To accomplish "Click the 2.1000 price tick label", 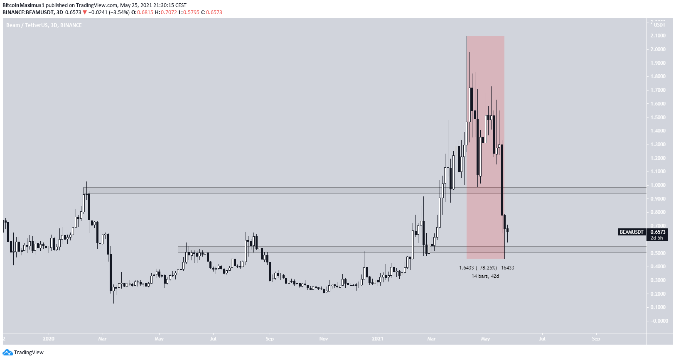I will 658,36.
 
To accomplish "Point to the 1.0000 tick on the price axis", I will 658,185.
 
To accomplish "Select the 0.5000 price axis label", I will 658,253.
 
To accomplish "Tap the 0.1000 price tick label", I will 658,307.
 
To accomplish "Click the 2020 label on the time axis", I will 49,339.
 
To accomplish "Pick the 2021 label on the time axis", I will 377,339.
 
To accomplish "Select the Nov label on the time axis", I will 323,339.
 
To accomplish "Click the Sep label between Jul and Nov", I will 269,339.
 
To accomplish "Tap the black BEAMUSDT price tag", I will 632,232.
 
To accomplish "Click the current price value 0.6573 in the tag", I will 658,232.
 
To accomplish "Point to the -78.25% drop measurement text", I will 485,268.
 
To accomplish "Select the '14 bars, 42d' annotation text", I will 485,276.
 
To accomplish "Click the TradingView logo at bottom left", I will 23,353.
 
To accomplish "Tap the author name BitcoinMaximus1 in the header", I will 23,5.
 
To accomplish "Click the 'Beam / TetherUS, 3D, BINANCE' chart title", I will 44,25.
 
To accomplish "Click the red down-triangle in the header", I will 85,12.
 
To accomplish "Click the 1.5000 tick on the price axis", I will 658,118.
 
